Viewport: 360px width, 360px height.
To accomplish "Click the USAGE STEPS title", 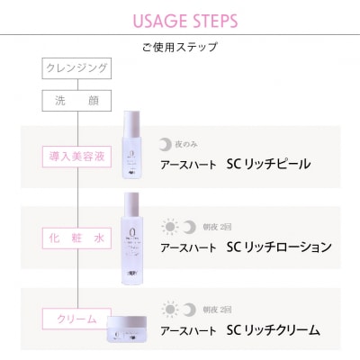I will (x=180, y=20).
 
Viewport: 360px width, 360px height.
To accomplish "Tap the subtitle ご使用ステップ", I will (x=180, y=47).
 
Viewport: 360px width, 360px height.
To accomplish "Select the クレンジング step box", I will (x=77, y=68).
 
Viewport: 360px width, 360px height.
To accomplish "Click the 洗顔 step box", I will (x=77, y=100).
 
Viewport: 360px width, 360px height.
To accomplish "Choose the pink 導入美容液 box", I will (x=77, y=156).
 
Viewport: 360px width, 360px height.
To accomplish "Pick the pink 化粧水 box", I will (x=77, y=238).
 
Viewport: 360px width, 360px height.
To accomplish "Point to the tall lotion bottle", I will (x=133, y=231).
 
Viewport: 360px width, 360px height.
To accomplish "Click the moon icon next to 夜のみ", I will (x=165, y=143).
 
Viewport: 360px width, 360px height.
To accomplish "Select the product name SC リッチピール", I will (x=269, y=164).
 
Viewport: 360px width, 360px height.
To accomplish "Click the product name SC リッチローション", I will (x=280, y=247).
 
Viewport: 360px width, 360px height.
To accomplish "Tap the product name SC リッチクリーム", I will (x=274, y=329).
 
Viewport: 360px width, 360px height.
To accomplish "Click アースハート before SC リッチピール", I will (x=188, y=165).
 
